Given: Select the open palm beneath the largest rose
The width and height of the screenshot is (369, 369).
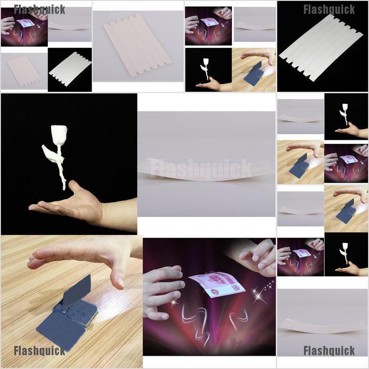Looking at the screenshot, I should pos(74,205).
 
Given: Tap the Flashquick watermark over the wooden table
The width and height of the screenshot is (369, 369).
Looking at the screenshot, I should pos(39,351).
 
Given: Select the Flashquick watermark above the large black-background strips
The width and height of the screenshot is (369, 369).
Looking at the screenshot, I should pos(329,10).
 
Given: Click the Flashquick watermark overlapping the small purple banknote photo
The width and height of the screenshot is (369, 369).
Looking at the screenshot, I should pos(39,10).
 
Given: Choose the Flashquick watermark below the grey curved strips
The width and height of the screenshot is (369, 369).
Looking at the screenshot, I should pos(329,351).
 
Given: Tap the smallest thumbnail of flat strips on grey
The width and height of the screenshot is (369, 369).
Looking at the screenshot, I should pos(23,71).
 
